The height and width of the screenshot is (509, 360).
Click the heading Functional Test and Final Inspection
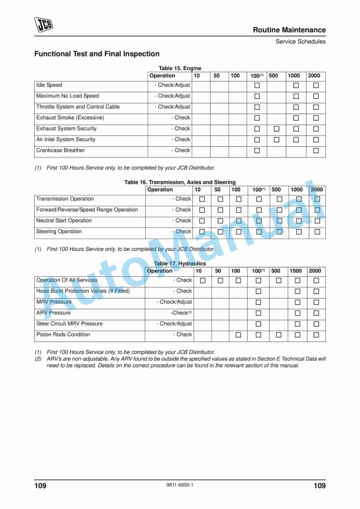click(x=96, y=54)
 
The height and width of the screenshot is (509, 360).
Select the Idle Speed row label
click(x=49, y=85)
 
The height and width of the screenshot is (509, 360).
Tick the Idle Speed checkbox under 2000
click(x=316, y=85)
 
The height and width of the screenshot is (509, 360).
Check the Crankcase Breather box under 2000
click(x=316, y=150)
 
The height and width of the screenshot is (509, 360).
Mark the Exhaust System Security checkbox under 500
click(x=276, y=129)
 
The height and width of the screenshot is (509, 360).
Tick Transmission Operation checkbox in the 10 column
click(x=202, y=199)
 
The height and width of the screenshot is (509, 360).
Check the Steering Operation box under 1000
click(x=299, y=232)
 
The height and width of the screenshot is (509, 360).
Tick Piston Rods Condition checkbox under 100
click(x=238, y=335)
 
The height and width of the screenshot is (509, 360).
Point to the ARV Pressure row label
click(x=53, y=313)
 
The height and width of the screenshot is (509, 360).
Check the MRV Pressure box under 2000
click(x=316, y=302)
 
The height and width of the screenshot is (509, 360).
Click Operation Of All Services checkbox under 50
click(x=219, y=280)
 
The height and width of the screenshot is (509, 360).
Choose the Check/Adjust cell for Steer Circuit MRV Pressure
click(x=174, y=324)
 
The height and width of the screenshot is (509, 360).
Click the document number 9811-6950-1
click(x=180, y=485)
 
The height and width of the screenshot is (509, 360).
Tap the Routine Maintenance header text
click(x=289, y=30)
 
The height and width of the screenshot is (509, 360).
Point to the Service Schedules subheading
click(x=301, y=41)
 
